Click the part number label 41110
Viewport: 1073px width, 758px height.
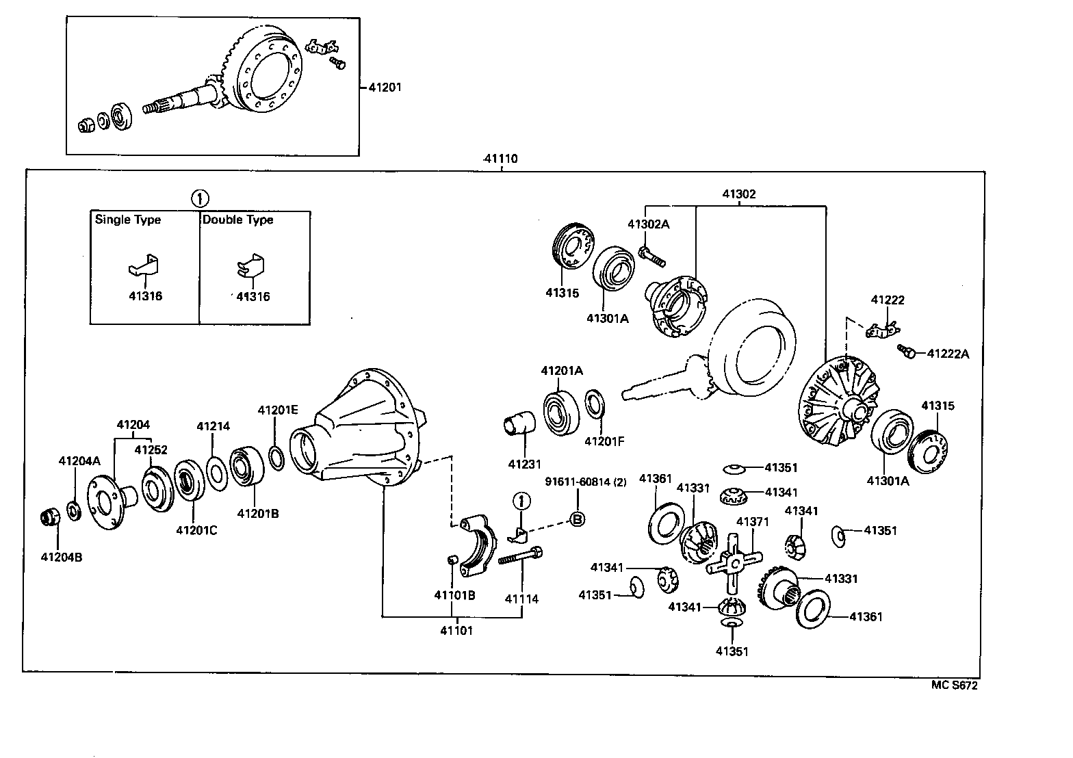500,159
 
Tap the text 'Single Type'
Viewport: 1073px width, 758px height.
128,220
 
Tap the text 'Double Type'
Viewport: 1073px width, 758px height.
237,220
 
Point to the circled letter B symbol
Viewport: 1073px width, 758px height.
577,519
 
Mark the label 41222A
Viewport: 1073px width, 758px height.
948,354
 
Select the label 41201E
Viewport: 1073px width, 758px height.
278,410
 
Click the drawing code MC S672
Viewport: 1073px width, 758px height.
954,685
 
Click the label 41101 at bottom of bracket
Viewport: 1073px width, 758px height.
456,630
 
